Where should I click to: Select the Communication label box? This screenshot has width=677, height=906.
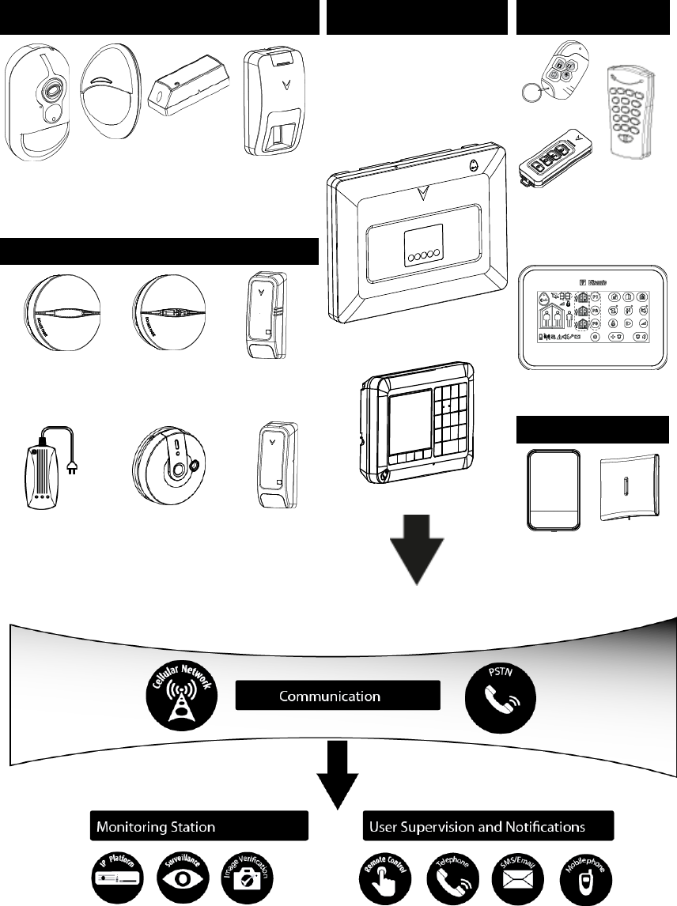pyautogui.click(x=338, y=696)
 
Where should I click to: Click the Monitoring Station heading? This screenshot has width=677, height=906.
pyautogui.click(x=197, y=827)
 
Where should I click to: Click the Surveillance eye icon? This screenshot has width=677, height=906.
pyautogui.click(x=181, y=877)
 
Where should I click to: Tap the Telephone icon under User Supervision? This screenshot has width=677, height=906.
pyautogui.click(x=448, y=877)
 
